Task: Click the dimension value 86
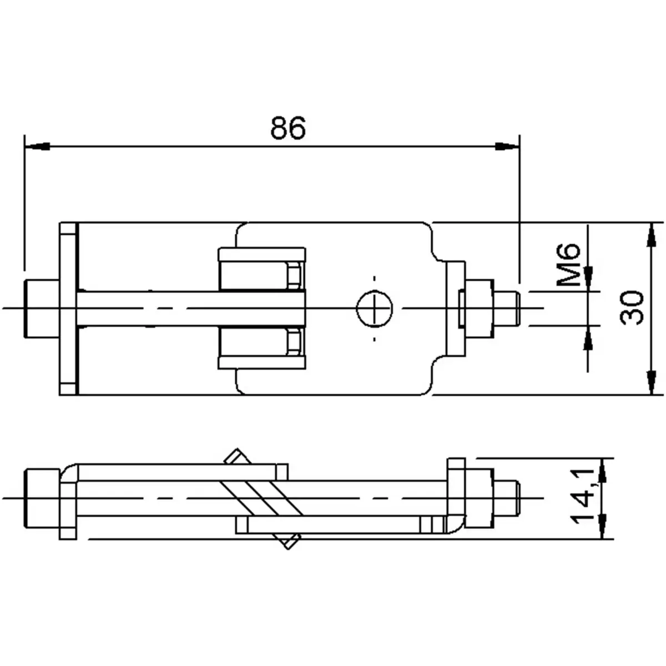(x=288, y=128)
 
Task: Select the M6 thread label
(x=568, y=265)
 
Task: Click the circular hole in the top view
(x=375, y=307)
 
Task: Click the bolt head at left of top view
(x=41, y=308)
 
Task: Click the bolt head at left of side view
(x=42, y=497)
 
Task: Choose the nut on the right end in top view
(x=479, y=308)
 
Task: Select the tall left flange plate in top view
(x=68, y=308)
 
